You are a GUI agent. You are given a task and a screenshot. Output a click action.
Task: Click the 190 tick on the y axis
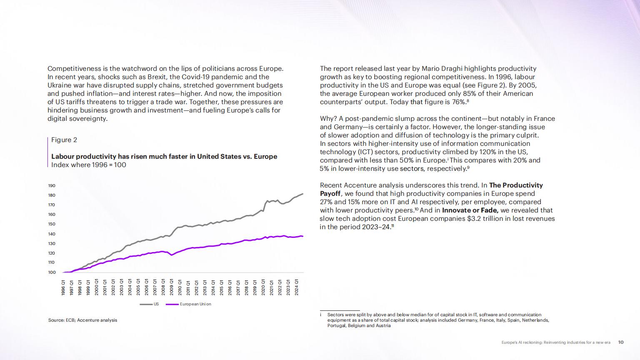point(52,186)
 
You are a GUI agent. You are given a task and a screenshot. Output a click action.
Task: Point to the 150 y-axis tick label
point(52,224)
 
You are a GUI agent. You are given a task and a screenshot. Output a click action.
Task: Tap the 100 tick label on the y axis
point(52,272)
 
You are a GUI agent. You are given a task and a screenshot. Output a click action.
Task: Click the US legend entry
point(149,304)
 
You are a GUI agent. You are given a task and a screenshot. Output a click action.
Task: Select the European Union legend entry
point(189,304)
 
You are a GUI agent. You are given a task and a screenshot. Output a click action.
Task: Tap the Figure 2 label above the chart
point(64,140)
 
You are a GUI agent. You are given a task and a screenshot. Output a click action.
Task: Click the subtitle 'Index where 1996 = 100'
point(89,165)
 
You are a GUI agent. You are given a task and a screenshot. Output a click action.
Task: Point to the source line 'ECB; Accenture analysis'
point(91,320)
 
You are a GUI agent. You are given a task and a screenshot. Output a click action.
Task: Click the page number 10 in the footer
point(621,342)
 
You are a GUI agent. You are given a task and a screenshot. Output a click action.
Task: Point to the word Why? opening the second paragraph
point(328,119)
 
